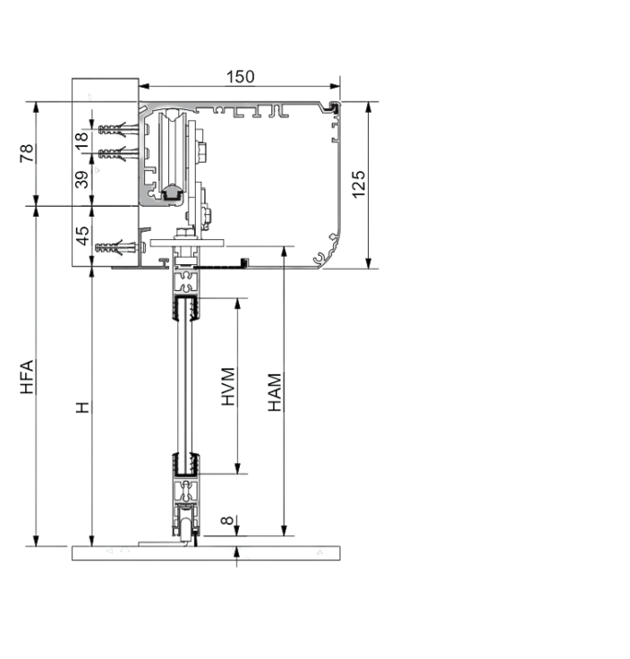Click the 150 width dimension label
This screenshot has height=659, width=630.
pos(240,77)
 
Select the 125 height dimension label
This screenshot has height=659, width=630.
pos(359,184)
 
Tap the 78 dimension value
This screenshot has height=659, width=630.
pos(27,153)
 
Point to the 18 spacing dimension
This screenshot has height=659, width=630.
pos(81,141)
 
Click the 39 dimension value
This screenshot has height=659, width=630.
pos(81,179)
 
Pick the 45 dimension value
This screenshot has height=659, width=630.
pos(82,235)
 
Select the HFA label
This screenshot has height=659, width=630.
pos(27,377)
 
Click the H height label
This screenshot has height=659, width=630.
pos(82,407)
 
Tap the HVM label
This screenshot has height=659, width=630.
pos(228,387)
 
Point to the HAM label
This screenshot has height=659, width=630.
pos(275,392)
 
